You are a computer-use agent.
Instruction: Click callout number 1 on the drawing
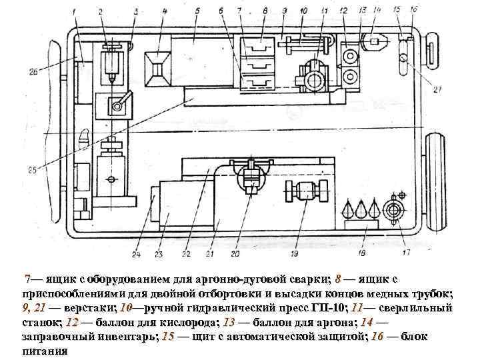(x=73, y=11)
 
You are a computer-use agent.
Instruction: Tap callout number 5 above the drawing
(x=198, y=11)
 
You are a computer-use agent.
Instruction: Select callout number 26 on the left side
(x=33, y=72)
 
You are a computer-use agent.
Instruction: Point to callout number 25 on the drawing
(x=32, y=172)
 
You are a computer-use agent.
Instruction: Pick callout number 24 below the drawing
(x=136, y=254)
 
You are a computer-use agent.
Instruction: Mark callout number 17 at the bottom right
(x=406, y=253)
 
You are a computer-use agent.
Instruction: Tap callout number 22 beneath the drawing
(x=185, y=254)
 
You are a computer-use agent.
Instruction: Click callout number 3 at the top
(x=135, y=11)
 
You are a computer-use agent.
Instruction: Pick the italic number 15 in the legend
(x=168, y=337)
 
